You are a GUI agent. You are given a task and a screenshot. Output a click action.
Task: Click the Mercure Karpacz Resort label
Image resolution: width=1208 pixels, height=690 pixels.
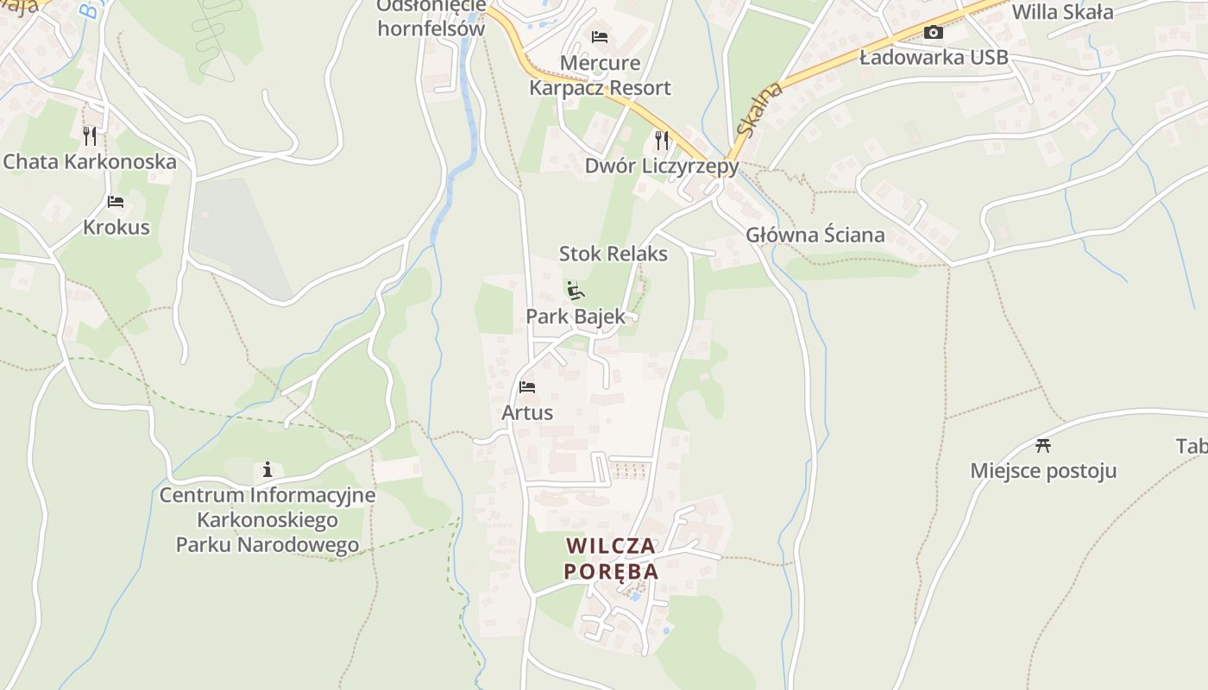click(600, 75)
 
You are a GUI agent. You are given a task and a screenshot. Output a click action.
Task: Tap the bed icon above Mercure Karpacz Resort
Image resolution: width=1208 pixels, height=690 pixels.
click(600, 36)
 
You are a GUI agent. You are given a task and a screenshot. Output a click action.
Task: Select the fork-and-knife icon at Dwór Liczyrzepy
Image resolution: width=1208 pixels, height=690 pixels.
click(662, 139)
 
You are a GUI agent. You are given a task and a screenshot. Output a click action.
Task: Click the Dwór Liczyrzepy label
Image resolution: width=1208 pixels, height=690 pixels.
click(662, 166)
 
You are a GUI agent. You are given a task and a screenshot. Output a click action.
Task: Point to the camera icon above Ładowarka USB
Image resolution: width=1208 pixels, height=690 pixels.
click(933, 33)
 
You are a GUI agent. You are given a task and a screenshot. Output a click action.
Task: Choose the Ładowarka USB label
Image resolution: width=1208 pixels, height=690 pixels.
click(934, 58)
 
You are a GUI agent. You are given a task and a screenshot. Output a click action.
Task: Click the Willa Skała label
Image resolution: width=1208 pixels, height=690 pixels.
click(1062, 12)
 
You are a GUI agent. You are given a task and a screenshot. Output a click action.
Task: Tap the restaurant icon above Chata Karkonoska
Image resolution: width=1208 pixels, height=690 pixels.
click(89, 135)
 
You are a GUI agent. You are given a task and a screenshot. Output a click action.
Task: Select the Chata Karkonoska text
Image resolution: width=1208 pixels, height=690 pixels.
click(90, 161)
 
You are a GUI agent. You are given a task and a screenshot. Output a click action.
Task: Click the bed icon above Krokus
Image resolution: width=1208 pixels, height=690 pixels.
click(116, 202)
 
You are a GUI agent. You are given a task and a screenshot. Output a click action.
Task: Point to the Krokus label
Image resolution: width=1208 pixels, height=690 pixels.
click(116, 228)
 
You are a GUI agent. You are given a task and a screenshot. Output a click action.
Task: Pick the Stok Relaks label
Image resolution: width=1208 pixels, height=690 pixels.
click(613, 254)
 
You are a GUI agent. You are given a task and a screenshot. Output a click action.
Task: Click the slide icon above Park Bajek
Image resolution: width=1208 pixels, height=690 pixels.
click(576, 290)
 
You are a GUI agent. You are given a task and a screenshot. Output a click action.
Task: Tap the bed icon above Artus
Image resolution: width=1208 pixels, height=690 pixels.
click(527, 387)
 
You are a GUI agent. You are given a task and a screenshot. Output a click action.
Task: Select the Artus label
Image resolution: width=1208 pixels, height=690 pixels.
click(527, 413)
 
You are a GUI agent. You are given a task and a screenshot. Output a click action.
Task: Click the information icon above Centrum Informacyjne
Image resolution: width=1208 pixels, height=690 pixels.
click(267, 470)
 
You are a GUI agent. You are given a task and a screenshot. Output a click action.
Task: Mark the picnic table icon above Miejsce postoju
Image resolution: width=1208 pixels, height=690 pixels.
click(1043, 445)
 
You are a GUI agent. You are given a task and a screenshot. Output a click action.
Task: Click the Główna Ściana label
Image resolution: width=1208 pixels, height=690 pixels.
click(815, 235)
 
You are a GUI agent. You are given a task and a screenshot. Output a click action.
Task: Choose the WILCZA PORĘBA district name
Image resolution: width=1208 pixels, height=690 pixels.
click(611, 558)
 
